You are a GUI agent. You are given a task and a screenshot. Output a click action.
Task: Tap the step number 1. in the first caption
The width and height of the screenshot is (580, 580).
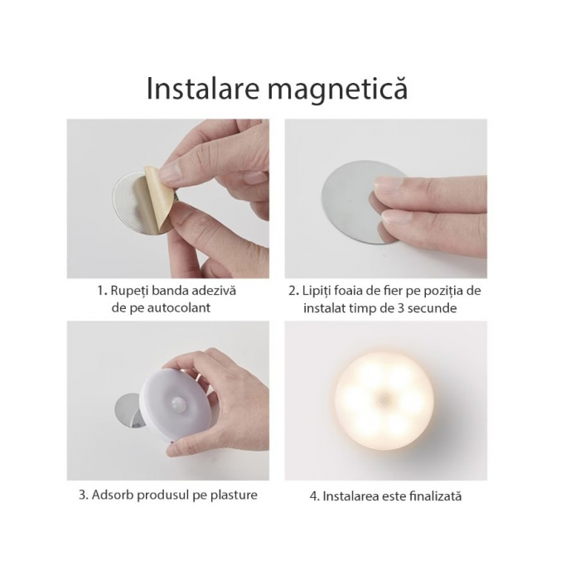[102, 291]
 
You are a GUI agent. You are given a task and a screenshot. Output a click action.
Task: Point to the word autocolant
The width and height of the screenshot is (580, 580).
[181, 307]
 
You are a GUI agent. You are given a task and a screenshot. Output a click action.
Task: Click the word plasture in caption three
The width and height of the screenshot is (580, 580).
[230, 495]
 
